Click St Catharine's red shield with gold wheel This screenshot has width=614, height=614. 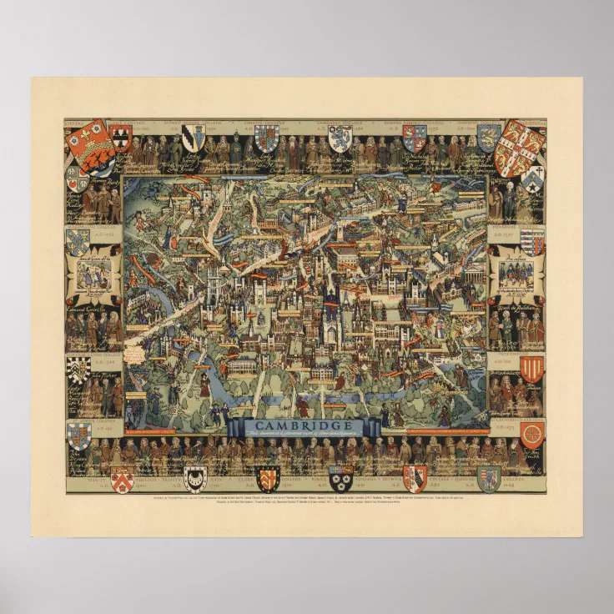(x=531, y=433)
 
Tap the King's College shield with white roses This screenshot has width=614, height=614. (x=340, y=478)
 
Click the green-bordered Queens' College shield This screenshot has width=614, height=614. (x=489, y=478)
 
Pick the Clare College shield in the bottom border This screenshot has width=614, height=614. (x=268, y=478)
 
